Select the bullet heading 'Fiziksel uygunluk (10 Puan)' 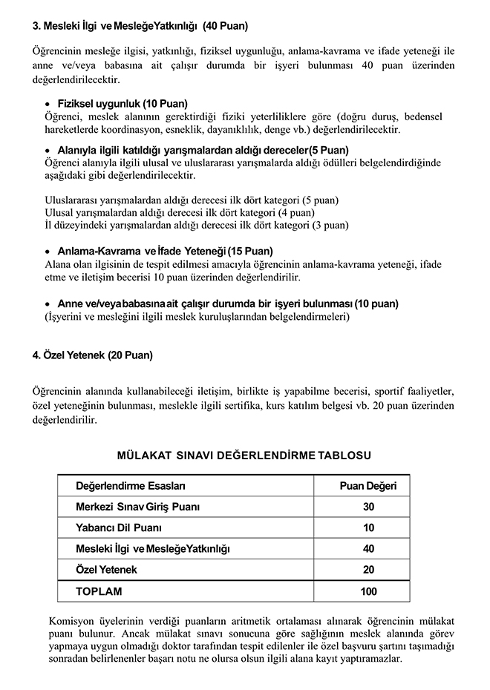click(122, 103)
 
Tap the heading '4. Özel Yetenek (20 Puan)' click(92, 355)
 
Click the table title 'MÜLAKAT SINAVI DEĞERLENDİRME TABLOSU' click(244, 455)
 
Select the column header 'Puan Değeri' click(368, 486)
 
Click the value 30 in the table click(368, 507)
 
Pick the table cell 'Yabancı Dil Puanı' click(119, 528)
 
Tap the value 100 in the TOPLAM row click(368, 591)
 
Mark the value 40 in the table click(368, 548)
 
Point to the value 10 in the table click(368, 528)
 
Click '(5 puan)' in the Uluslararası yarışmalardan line click(321, 200)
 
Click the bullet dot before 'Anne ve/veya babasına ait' click(48, 304)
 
